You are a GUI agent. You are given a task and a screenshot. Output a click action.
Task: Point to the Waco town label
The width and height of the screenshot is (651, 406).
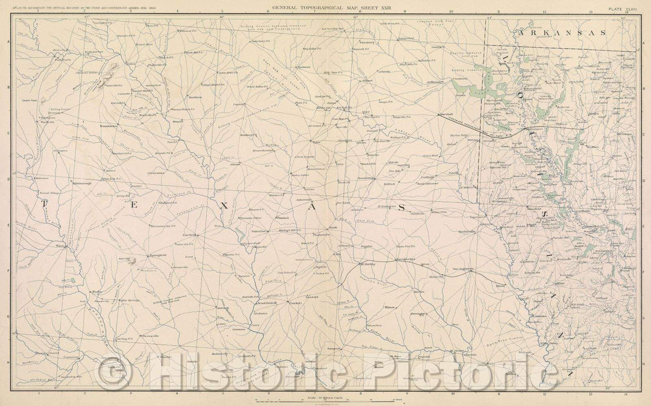click(60, 246)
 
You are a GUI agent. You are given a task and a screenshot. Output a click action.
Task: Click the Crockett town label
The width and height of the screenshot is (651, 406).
click(294, 303)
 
